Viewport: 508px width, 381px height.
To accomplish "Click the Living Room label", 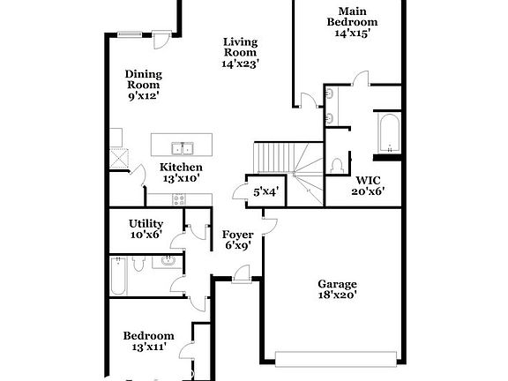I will (x=240, y=52).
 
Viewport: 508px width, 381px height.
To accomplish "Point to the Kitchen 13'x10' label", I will (x=181, y=172).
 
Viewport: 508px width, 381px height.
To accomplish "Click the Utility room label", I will (x=146, y=229).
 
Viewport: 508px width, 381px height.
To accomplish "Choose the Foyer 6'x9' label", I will (x=237, y=240).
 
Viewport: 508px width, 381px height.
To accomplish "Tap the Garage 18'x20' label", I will (x=337, y=290).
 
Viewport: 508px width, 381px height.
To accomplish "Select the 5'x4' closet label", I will (x=265, y=191).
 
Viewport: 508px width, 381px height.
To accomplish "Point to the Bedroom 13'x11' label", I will (x=148, y=341).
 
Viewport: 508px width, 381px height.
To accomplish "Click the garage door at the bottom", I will (x=335, y=357).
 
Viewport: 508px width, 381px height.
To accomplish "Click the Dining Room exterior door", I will (x=161, y=40).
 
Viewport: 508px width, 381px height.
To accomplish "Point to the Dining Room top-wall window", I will (x=130, y=34).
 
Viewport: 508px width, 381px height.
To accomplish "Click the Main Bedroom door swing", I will (x=360, y=78).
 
